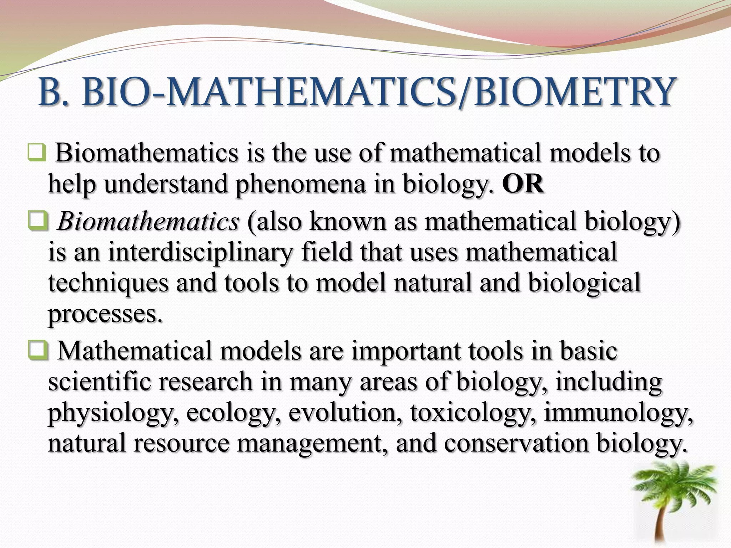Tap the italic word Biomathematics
148,222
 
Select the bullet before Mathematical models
37,351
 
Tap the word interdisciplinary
200,252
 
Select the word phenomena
300,185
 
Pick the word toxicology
472,413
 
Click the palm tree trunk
665,524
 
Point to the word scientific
96,382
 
